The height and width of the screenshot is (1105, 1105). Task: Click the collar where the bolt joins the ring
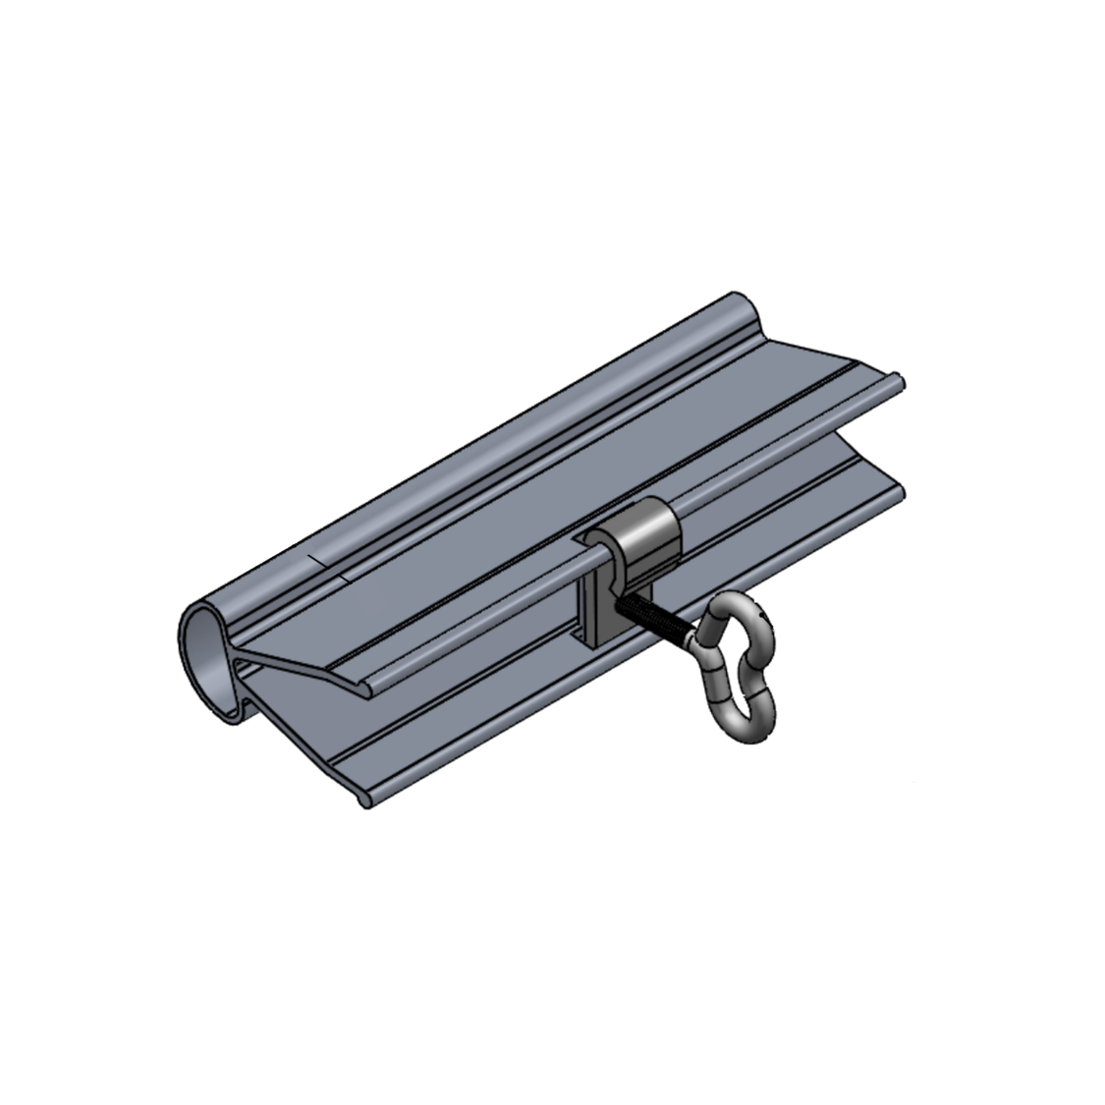point(698,644)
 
